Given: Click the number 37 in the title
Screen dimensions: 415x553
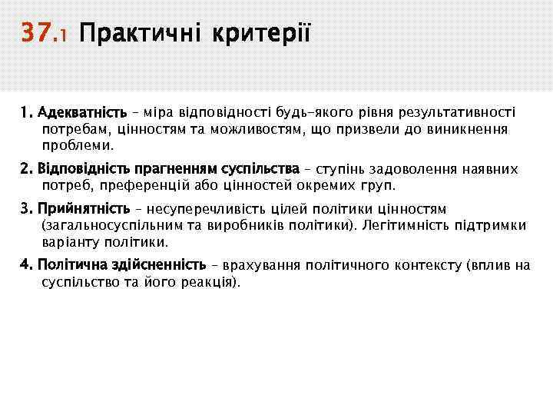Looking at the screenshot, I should pyautogui.click(x=36, y=35).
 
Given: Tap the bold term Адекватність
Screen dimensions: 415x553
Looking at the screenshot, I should pyautogui.click(x=82, y=112).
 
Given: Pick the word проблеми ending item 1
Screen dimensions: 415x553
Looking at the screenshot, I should pyautogui.click(x=78, y=144).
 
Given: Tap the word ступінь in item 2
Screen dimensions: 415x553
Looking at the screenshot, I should pyautogui.click(x=336, y=168).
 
